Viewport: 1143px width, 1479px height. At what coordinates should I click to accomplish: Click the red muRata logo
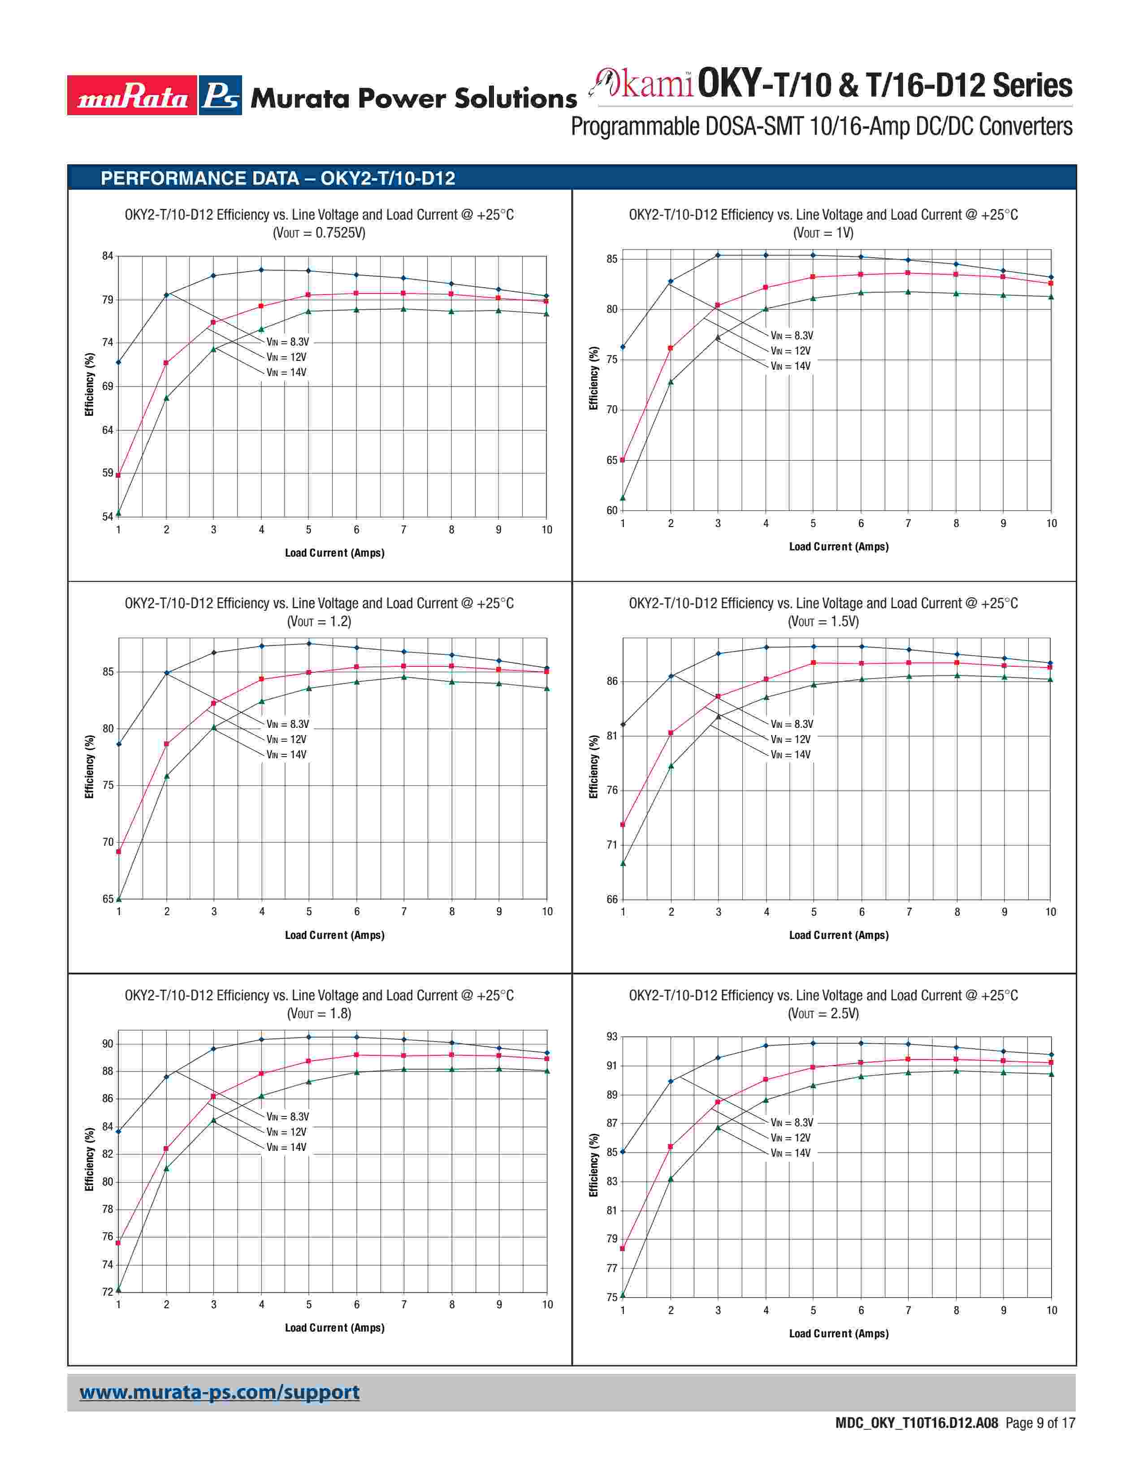(132, 95)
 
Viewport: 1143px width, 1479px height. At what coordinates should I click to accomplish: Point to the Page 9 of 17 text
(1040, 1423)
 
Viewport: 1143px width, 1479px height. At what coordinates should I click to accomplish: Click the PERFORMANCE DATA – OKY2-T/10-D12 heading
(277, 178)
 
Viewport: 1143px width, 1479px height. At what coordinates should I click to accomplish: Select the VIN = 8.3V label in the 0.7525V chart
(287, 342)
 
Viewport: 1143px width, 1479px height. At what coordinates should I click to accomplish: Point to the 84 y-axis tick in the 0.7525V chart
(108, 256)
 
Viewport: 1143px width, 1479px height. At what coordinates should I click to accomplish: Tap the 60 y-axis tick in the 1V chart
(612, 510)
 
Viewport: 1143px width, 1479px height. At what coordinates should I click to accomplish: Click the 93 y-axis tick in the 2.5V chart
(612, 1037)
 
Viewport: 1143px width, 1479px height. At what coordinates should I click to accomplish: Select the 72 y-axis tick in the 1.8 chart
(108, 1292)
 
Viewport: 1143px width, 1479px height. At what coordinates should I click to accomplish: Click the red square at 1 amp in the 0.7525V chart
(118, 476)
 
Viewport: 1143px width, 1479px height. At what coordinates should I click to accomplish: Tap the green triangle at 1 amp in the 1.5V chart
(623, 864)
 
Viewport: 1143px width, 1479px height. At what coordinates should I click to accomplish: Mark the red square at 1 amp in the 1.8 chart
(118, 1243)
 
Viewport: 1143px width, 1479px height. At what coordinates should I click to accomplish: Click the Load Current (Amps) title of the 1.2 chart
(334, 935)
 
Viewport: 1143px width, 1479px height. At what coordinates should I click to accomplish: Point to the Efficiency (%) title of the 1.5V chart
(594, 766)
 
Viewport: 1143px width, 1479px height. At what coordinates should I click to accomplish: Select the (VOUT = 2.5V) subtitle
(823, 1014)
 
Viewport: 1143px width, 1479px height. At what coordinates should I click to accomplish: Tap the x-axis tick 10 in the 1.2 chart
(547, 912)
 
